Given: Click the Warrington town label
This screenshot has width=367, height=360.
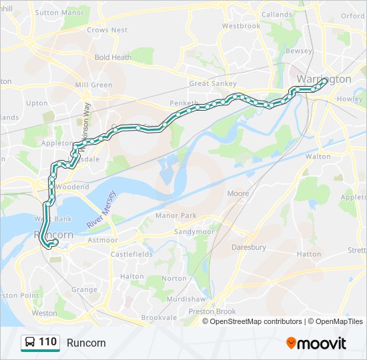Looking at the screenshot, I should pyautogui.click(x=324, y=79).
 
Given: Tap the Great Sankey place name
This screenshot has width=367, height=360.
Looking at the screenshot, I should pyautogui.click(x=212, y=83).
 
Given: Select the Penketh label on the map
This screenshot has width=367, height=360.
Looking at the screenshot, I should pyautogui.click(x=184, y=104).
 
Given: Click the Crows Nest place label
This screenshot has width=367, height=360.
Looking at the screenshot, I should pyautogui.click(x=107, y=30).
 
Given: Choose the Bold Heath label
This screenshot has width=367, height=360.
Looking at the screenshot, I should pyautogui.click(x=113, y=57).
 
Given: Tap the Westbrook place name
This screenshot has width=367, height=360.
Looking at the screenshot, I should pyautogui.click(x=241, y=26).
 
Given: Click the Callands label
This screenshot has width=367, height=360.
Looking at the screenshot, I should pyautogui.click(x=276, y=14).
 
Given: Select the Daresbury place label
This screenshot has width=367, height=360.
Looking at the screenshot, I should pyautogui.click(x=248, y=247).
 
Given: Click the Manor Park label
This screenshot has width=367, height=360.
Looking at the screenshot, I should pyautogui.click(x=175, y=215).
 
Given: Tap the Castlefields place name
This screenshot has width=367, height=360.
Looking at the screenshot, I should pyautogui.click(x=131, y=254).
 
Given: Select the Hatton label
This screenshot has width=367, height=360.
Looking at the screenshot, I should pyautogui.click(x=309, y=254).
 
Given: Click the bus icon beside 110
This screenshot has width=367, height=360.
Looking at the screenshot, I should pyautogui.click(x=30, y=343).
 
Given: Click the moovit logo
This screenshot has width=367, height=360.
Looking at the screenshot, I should pyautogui.click(x=316, y=343).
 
